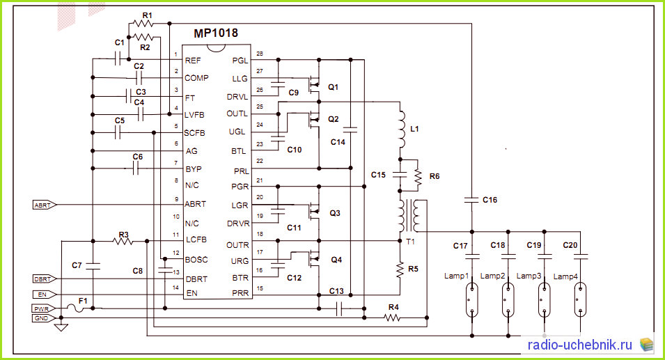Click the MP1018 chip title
point(216,33)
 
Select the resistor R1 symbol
point(143,23)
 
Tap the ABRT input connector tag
point(45,205)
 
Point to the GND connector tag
point(44,318)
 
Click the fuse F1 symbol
point(79,308)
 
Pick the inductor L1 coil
point(401,130)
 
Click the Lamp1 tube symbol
point(471,300)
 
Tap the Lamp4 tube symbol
point(580,300)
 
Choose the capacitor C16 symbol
point(471,199)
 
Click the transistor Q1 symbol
point(313,84)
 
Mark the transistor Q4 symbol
point(313,258)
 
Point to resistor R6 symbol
point(418,177)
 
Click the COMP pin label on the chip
point(196,78)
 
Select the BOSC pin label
point(196,260)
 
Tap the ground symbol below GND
point(61,327)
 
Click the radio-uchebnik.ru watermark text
point(579,345)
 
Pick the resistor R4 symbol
point(392,318)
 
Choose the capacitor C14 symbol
point(350,130)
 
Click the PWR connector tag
point(44,308)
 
